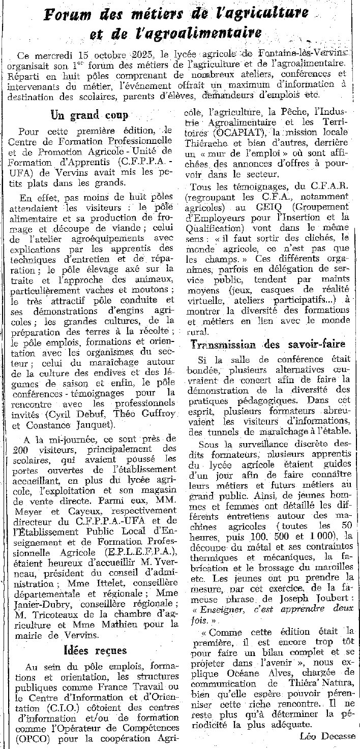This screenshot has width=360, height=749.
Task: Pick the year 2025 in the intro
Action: click(x=142, y=55)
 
